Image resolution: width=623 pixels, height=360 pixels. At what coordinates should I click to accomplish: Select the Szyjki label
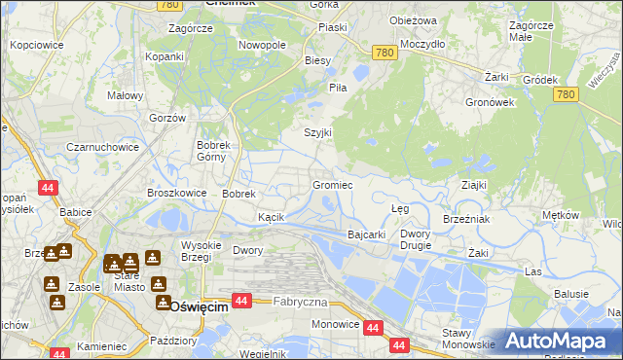[x=318, y=132]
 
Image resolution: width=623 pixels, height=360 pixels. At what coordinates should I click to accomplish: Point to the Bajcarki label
[x=367, y=234]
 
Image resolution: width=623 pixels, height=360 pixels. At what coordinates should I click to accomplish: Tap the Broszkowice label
[x=176, y=193]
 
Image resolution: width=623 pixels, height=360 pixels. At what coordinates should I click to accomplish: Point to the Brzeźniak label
[x=465, y=220]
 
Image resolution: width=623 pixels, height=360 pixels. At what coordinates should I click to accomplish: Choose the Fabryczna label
[x=300, y=302]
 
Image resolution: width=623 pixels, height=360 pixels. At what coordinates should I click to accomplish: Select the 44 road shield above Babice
[x=47, y=187]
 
